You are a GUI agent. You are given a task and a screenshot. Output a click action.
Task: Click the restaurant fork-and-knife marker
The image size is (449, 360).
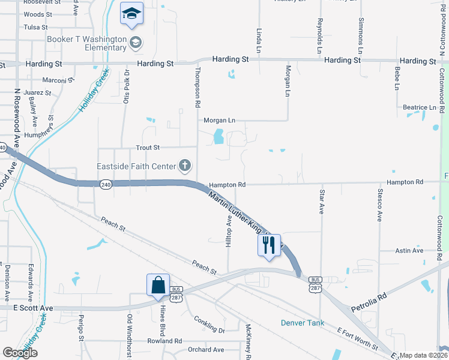coord(268,245)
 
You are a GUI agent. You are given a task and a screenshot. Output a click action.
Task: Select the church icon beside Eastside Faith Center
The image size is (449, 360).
coord(185,166)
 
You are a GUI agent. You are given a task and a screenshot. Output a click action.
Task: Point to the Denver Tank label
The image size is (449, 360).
coord(303,323)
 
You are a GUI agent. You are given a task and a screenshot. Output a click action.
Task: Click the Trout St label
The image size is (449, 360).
coord(148,147)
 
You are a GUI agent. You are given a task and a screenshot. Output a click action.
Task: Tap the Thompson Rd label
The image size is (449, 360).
coord(197,88)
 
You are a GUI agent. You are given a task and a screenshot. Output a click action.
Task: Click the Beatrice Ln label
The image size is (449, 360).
coord(420,107)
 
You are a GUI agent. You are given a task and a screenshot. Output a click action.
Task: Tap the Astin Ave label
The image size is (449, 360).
coord(411,250)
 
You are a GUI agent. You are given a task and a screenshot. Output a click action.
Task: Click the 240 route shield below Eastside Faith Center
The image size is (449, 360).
coord(106,183)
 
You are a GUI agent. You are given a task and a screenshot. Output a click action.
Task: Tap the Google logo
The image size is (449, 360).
coord(20,353)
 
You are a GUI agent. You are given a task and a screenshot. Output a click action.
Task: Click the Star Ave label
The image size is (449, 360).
coord(322,201)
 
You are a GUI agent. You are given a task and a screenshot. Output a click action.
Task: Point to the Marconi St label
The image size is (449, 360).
coord(58,80)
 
